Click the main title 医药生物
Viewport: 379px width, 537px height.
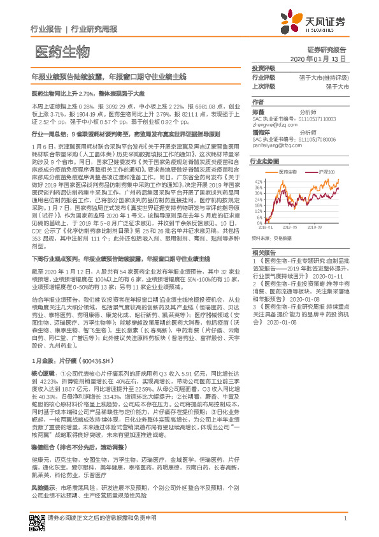(62, 52)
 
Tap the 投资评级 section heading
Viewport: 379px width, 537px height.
(263, 68)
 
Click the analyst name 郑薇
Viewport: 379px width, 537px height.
(258, 112)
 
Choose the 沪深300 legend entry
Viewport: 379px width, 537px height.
(325, 172)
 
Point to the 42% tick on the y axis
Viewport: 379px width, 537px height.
(258, 181)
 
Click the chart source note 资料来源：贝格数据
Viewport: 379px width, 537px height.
(271, 237)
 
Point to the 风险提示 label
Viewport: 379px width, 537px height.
(42, 503)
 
